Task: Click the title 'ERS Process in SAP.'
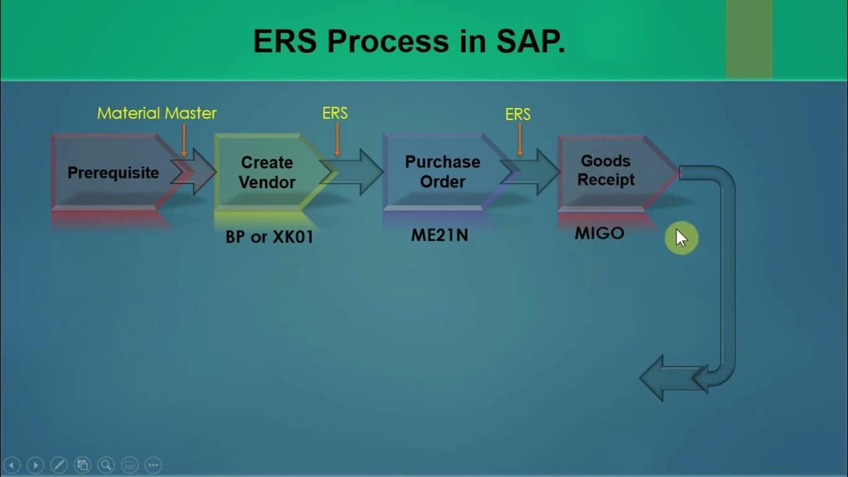coord(409,41)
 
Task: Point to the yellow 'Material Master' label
coord(157,113)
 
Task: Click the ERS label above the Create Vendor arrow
coord(335,113)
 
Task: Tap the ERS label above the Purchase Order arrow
coord(517,115)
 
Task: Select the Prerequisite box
coord(113,173)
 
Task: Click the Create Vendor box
coord(267,172)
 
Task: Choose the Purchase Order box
coord(443,172)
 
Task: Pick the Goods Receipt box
coord(606,171)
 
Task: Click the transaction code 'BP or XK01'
coord(269,237)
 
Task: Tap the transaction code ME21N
coord(439,235)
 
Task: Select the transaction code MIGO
coord(600,233)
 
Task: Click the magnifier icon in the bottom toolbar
coord(105,465)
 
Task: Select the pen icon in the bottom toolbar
coord(58,465)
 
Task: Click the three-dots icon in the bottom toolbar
coord(152,465)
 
